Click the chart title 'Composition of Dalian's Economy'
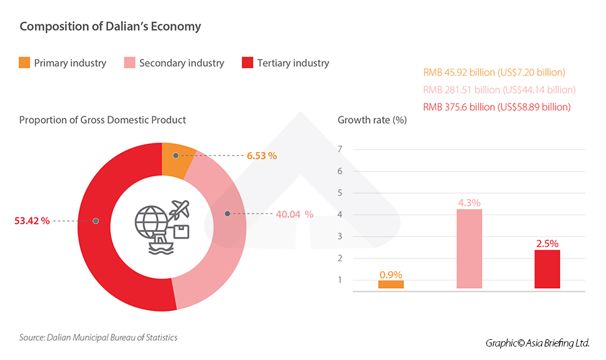tap(110, 27)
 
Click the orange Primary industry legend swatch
tap(24, 63)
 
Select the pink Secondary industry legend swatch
tap(130, 63)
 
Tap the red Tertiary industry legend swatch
tap(247, 63)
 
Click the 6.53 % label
tap(262, 155)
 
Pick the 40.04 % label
tap(294, 214)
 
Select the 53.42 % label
tap(32, 221)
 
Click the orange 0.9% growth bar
tap(391, 285)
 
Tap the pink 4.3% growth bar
tap(469, 248)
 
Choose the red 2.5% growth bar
tap(547, 269)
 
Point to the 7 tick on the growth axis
tap(341, 149)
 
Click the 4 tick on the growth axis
tap(341, 215)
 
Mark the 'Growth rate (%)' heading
tap(372, 120)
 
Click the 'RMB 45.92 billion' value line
tap(494, 72)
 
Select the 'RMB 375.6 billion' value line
tap(497, 107)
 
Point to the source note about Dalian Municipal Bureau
tap(98, 337)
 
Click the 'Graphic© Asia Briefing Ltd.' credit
tap(537, 343)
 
